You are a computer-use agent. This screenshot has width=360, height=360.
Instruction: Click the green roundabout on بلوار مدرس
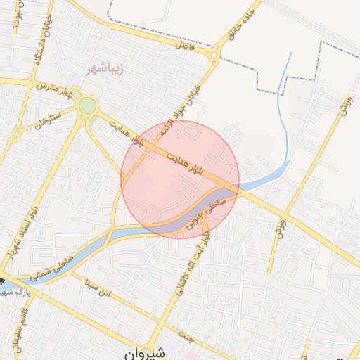87,105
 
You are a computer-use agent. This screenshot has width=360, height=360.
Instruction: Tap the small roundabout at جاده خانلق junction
214,56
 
